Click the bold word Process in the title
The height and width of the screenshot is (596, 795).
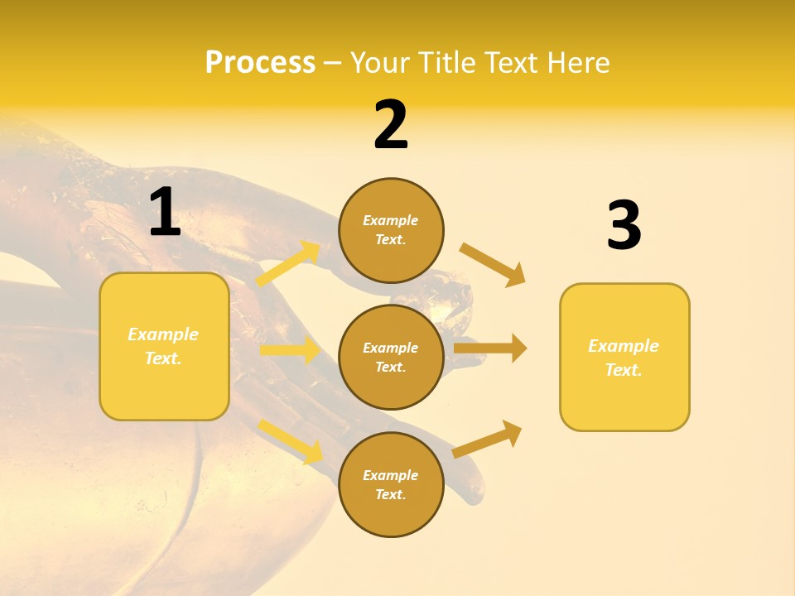[260, 62]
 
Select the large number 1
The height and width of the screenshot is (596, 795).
[165, 212]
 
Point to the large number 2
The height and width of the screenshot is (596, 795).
[391, 125]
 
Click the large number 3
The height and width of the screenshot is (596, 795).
[624, 226]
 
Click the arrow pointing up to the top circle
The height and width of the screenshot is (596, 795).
[288, 263]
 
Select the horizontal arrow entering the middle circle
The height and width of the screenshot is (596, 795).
[290, 350]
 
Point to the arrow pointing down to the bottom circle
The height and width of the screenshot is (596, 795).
[290, 441]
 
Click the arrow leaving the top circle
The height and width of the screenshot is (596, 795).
[493, 265]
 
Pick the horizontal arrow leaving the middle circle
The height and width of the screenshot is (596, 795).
[490, 348]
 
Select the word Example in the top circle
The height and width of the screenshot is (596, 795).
[390, 220]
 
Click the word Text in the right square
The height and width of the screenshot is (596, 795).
[624, 370]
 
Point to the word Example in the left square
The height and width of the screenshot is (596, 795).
[163, 334]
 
